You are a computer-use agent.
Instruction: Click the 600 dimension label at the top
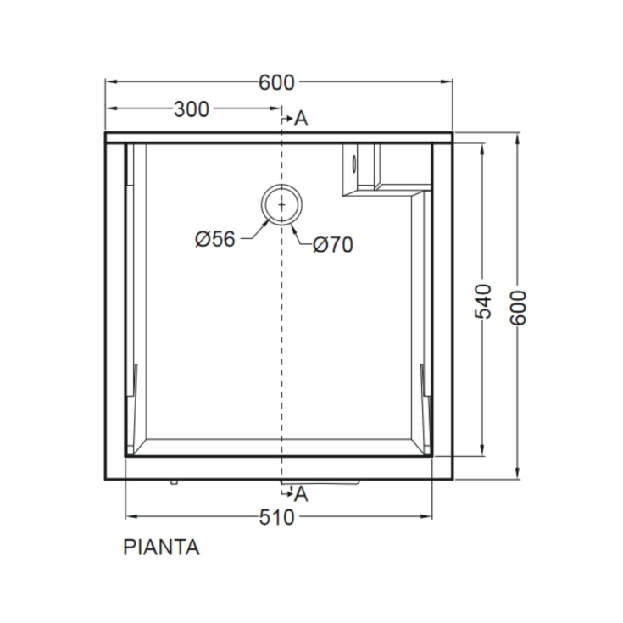point(276,82)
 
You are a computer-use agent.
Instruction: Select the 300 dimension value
point(192,108)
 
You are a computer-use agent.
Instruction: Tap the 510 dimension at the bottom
point(276,516)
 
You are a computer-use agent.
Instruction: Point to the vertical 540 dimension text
point(481,301)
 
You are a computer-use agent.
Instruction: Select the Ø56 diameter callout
point(214,240)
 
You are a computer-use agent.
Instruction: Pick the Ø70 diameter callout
point(332,245)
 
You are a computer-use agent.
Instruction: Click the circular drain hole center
point(280,205)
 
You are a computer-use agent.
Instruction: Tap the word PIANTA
point(161,548)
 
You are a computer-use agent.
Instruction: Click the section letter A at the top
point(301,119)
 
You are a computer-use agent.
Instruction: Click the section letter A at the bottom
point(301,494)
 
